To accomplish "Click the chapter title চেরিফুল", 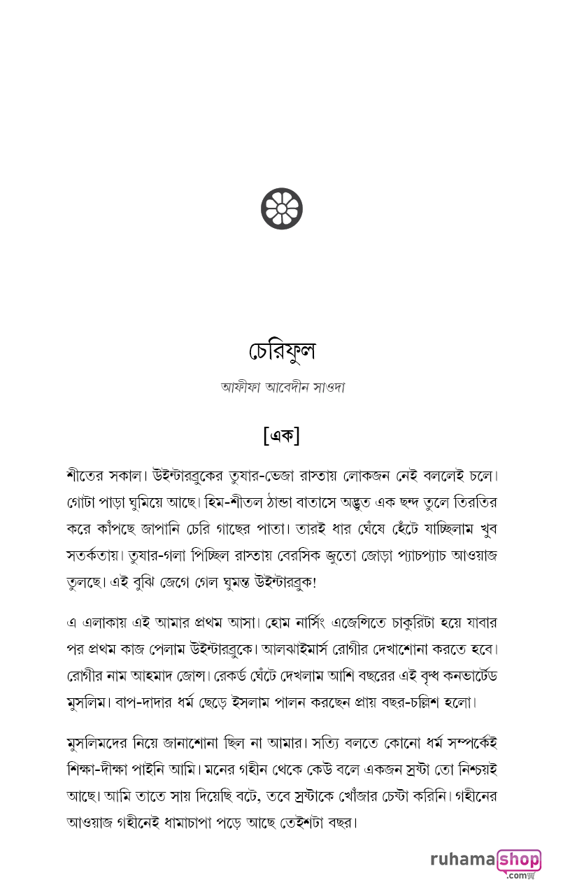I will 283,351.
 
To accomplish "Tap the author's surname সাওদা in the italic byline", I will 325,387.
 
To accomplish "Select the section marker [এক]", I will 282,435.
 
